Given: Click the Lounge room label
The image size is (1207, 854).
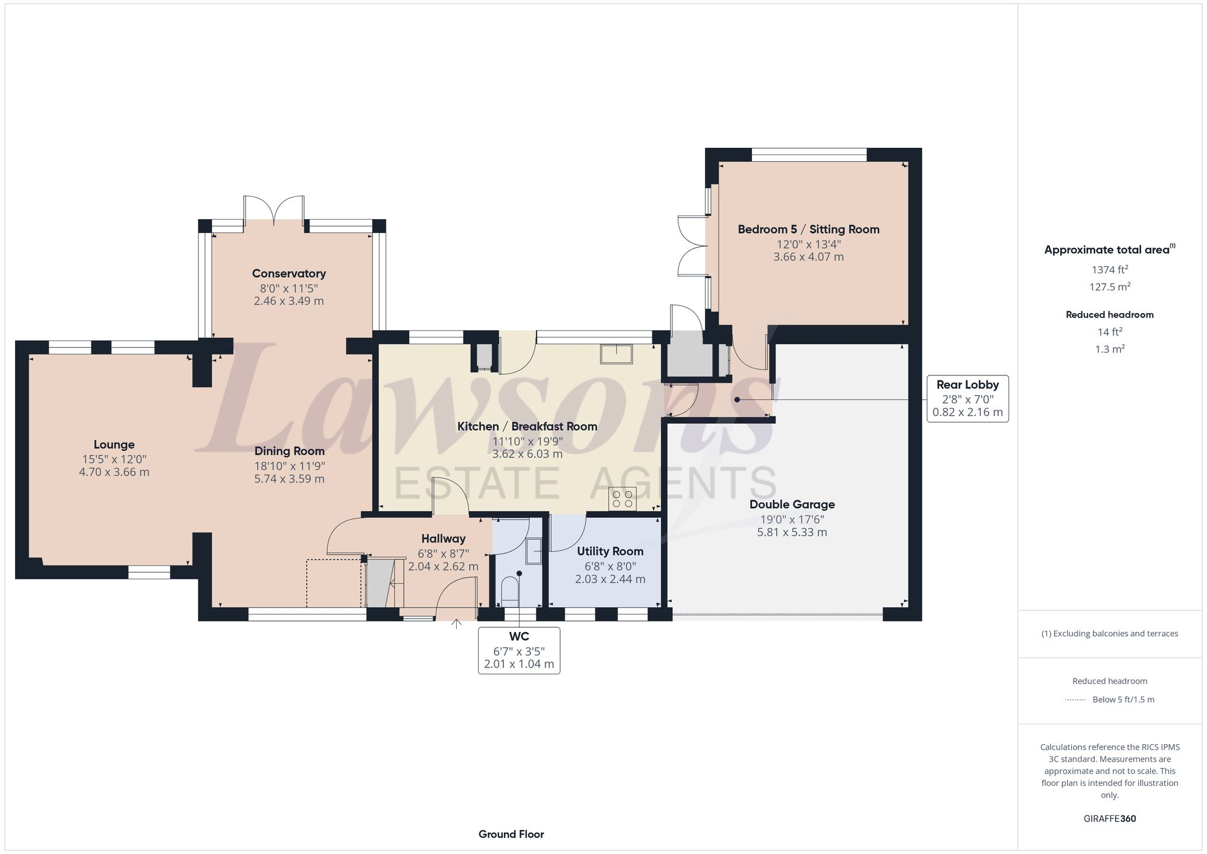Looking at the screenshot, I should click(x=114, y=445).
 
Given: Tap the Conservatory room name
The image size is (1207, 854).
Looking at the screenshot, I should click(x=288, y=273).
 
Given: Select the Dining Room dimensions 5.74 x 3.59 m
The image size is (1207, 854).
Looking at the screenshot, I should click(x=289, y=479).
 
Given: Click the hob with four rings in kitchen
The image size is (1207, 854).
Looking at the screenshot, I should click(x=622, y=499).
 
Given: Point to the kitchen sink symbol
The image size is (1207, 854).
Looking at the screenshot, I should click(x=616, y=354).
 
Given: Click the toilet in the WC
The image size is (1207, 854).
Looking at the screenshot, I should click(x=510, y=591).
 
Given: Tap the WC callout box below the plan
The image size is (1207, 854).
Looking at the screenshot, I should click(x=519, y=650).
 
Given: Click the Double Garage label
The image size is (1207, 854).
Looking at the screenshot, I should click(x=792, y=505).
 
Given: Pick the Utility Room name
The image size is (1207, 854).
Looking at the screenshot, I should click(x=610, y=551).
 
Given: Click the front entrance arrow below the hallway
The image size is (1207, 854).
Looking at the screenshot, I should click(x=456, y=623).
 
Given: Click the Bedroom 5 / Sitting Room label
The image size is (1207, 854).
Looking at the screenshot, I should click(x=808, y=229).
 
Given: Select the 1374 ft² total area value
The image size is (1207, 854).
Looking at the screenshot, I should click(x=1109, y=270).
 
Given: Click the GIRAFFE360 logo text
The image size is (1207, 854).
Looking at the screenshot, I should click(x=1109, y=818).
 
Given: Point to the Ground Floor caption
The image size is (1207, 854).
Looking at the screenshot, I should click(x=511, y=834).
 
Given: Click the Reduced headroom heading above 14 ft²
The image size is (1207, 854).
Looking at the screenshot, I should click(x=1109, y=314).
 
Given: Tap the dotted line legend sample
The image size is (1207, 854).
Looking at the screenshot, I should click(x=1075, y=699).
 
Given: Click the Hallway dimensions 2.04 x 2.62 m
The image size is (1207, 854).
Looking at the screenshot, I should click(x=443, y=567).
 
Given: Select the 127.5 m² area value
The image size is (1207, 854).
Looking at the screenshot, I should click(x=1109, y=287).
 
